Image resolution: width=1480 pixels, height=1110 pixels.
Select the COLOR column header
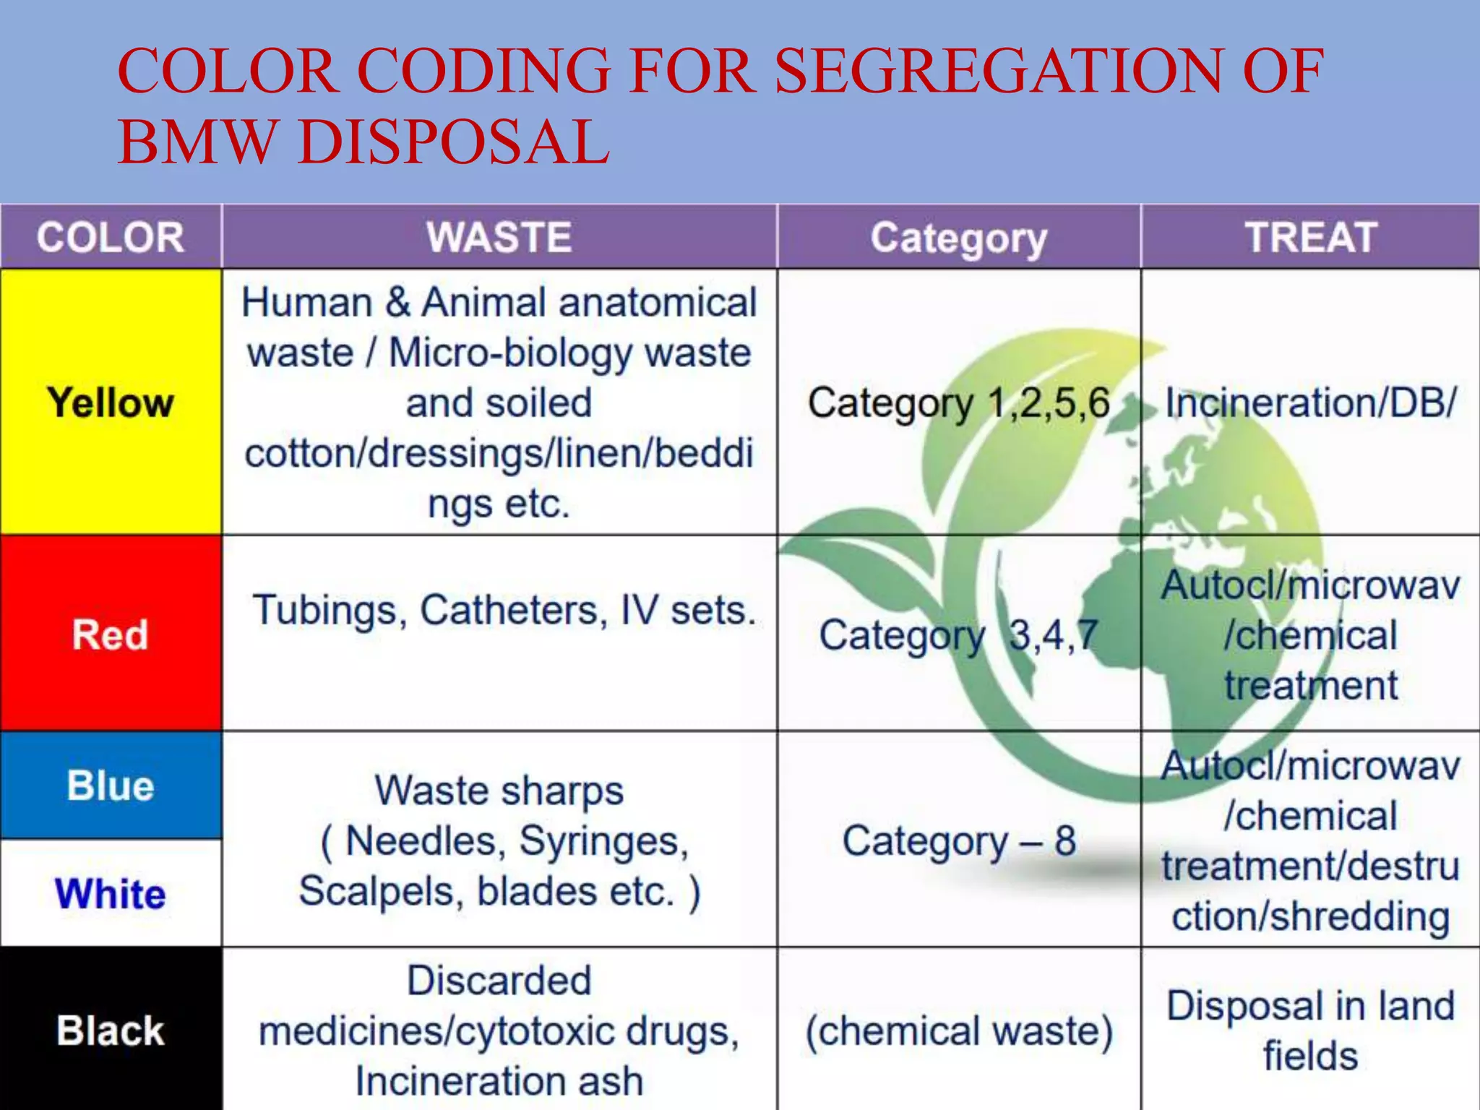point(111,237)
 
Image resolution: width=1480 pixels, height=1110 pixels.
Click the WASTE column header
point(499,237)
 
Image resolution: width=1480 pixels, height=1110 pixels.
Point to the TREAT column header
point(1310,237)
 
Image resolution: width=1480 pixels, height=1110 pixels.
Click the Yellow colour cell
point(111,402)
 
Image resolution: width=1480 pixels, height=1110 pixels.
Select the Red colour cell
point(111,634)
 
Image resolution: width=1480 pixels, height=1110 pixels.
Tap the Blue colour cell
point(111,786)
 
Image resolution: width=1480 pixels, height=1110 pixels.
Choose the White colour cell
point(111,893)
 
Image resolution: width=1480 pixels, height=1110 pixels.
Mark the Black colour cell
point(111,1030)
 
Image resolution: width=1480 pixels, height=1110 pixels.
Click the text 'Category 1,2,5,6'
point(958,403)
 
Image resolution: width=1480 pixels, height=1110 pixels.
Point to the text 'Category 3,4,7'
point(958,636)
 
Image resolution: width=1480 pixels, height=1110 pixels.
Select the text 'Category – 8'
point(958,841)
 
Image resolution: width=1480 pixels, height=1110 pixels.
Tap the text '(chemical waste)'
point(958,1031)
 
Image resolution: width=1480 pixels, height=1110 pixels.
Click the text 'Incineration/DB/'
point(1310,403)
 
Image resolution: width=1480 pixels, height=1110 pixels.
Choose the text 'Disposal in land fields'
point(1310,1031)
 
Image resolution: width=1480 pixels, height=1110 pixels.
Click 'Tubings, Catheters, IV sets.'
point(504,611)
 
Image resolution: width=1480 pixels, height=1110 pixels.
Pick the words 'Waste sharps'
point(499,791)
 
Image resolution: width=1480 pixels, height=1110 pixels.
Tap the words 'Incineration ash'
point(499,1081)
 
